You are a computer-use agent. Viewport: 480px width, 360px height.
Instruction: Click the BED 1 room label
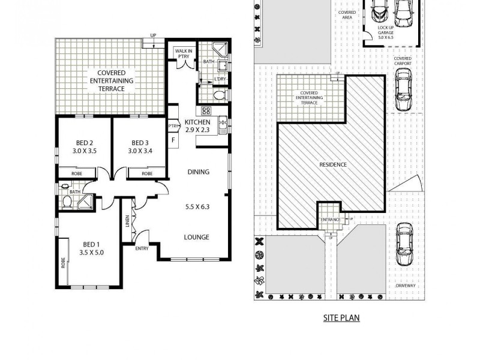click(91, 244)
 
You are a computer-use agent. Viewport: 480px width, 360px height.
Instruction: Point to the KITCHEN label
click(197, 122)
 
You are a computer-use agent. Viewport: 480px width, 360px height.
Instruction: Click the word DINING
click(198, 172)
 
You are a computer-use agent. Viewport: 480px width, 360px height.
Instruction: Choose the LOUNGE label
click(196, 237)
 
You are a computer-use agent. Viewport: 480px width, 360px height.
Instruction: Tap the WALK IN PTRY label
click(184, 54)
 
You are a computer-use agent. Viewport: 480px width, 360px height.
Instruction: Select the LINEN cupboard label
click(128, 222)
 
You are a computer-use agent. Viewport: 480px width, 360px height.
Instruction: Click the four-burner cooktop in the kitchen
click(206, 110)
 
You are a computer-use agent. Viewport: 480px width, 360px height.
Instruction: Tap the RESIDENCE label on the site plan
click(332, 164)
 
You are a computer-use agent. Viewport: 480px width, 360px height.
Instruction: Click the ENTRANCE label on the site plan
click(331, 220)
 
